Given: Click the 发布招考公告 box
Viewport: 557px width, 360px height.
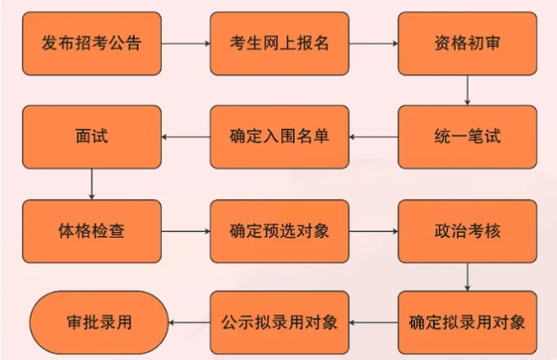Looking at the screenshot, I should click(91, 44).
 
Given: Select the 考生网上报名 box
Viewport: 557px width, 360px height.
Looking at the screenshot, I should click(280, 44).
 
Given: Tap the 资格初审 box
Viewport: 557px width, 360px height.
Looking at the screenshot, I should click(467, 44).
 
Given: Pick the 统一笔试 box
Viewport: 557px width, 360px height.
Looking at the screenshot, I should click(467, 137).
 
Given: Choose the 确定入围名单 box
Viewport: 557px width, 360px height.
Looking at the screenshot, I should click(280, 137).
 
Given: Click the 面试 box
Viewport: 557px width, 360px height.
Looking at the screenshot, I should click(91, 137).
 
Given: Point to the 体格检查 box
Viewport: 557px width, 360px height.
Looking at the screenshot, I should click(91, 230).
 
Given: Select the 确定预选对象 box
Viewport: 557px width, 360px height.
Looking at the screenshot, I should click(280, 230).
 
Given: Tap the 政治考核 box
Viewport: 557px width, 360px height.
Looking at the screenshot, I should click(467, 230).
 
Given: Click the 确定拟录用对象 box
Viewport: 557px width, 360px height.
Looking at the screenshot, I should click(467, 322).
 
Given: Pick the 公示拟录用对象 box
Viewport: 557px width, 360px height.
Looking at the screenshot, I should click(280, 322).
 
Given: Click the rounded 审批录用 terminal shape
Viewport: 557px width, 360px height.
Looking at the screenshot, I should click(98, 322).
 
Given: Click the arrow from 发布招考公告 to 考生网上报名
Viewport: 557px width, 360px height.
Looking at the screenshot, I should click(185, 44).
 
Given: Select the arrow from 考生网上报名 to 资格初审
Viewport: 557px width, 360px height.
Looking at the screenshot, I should click(374, 44).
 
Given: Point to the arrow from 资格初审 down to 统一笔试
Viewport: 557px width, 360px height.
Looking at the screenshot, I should click(467, 90).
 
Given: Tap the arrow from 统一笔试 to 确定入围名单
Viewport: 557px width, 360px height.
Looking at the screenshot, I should click(374, 137).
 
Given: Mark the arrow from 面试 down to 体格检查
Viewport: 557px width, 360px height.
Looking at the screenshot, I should click(91, 183).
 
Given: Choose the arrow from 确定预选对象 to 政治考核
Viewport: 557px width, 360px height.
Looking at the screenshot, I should click(374, 230).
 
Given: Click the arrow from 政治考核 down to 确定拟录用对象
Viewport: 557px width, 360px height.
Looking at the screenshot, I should click(467, 277).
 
